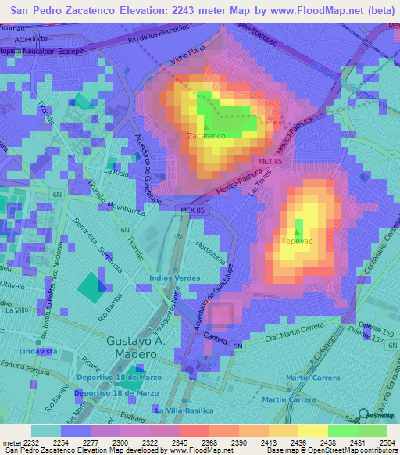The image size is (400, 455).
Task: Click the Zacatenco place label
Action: pyautogui.click(x=207, y=135)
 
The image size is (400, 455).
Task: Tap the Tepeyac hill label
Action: pyautogui.click(x=296, y=241)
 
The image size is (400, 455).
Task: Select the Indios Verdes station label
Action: pyautogui.click(x=176, y=278)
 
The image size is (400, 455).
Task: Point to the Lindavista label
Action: pyautogui.click(x=37, y=352)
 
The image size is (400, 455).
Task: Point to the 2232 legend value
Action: pyautogui.click(x=30, y=442)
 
